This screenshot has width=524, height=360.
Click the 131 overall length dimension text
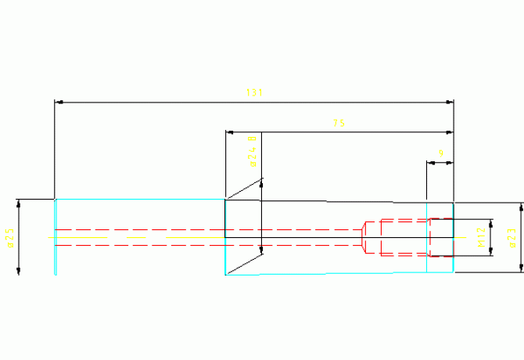[253, 93]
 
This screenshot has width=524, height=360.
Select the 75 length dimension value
[339, 123]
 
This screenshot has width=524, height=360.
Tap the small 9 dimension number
[441, 153]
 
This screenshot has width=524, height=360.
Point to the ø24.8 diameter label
[252, 152]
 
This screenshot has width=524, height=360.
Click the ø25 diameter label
[10, 238]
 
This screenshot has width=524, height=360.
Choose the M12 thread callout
[483, 237]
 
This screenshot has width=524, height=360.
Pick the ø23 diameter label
[512, 238]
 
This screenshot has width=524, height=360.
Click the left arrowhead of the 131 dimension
[58, 102]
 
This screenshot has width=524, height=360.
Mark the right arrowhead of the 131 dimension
[450, 102]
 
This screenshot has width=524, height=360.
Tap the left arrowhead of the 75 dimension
[229, 131]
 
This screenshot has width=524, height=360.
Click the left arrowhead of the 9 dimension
[430, 163]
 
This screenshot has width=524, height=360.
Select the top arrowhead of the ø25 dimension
[18, 203]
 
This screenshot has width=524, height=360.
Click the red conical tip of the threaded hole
[364, 237]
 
